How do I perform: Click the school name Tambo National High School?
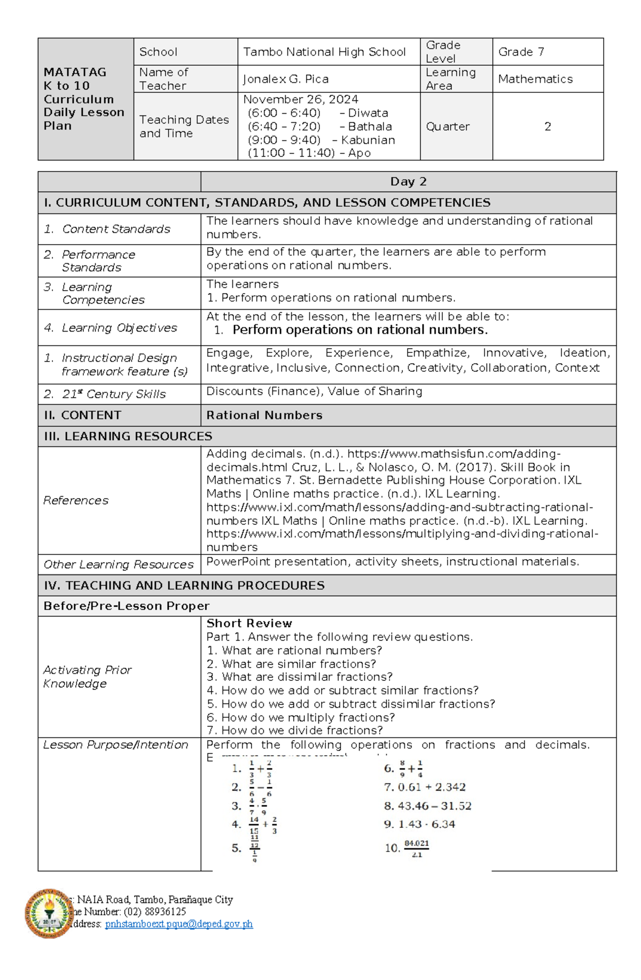324,52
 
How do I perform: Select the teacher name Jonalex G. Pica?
286,79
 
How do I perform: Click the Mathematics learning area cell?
535,79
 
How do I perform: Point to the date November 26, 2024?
301,99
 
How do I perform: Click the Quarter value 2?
548,127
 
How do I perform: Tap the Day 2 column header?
408,182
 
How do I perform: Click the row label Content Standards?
116,229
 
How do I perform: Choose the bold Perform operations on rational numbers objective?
359,330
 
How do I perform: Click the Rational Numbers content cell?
264,415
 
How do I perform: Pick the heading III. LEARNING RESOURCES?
128,436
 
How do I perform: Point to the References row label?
76,500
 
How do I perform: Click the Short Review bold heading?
249,623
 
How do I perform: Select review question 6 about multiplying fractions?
301,717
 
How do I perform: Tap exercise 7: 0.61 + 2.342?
425,787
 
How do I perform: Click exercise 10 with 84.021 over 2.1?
407,848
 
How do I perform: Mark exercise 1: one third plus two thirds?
253,769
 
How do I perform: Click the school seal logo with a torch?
49,913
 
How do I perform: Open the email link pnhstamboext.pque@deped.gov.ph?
179,924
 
